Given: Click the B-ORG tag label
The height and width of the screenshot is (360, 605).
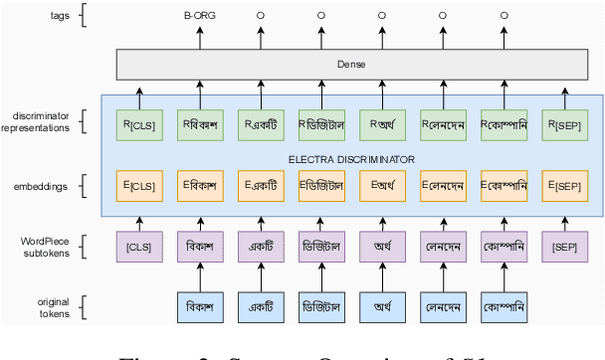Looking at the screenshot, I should [199, 16].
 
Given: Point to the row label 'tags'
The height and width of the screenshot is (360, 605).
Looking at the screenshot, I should [57, 16].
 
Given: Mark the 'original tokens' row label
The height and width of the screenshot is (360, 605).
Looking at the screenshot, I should [51, 306].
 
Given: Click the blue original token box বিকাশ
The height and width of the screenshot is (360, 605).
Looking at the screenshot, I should [199, 306].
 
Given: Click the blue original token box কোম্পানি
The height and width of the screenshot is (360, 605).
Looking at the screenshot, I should [504, 306].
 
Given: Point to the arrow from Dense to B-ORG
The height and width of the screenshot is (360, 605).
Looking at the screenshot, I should [199, 38].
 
